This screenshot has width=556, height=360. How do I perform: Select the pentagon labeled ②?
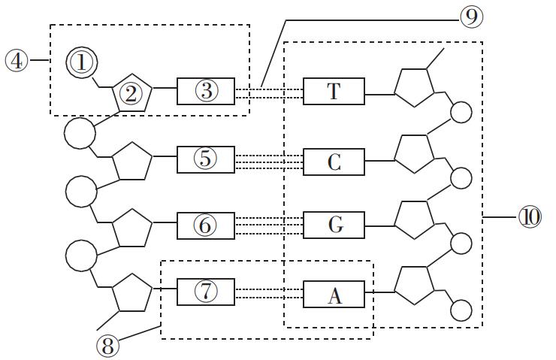tap(131, 95)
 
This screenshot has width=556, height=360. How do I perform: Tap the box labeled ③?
tap(206, 91)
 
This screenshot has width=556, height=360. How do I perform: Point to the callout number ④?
tap(16, 60)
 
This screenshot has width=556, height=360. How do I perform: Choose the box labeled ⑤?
tap(206, 159)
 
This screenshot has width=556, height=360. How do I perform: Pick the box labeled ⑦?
tap(206, 292)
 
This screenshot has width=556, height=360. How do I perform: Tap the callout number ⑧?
tap(108, 346)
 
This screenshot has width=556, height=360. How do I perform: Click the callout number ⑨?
tap(471, 17)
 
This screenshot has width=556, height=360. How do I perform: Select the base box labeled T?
tap(334, 92)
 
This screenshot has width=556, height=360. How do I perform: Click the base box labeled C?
tap(334, 162)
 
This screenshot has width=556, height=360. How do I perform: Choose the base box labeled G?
tap(334, 225)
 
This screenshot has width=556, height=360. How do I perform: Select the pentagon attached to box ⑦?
tap(131, 294)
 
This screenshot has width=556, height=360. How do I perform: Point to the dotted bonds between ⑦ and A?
tap(269, 293)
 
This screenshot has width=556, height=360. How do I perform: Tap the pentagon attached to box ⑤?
tap(131, 161)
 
